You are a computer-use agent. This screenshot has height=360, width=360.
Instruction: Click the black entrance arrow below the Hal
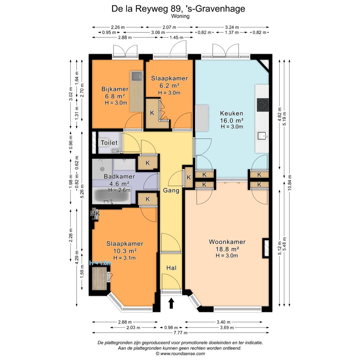click(171, 303)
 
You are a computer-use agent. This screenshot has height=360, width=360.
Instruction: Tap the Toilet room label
click(109, 143)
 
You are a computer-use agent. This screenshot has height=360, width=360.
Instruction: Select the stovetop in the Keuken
click(263, 105)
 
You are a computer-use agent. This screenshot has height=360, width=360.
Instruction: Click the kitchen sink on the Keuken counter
click(262, 136)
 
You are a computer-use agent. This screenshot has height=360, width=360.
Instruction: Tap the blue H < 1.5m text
click(100, 263)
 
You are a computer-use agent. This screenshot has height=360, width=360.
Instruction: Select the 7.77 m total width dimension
click(180, 333)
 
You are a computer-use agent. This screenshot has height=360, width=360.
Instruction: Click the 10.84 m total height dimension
click(290, 183)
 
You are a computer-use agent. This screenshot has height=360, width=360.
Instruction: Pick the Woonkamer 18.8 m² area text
click(227, 249)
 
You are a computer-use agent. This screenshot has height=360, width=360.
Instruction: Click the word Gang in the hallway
click(171, 191)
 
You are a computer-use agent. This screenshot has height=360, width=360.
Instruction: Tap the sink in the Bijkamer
click(136, 76)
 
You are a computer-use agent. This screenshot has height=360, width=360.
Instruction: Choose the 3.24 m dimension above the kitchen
click(232, 27)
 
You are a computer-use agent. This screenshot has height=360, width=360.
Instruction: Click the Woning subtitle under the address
click(180, 16)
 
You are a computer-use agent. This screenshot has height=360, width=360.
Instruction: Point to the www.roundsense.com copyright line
click(180, 353)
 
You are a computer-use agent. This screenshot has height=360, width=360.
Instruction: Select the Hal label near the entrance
click(171, 268)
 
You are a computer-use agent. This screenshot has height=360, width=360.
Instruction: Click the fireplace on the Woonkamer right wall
click(266, 248)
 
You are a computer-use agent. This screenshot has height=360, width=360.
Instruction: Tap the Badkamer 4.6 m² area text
click(119, 183)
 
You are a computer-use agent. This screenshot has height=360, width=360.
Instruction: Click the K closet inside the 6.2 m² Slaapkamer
click(152, 113)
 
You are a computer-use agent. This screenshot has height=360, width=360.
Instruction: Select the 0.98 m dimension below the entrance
click(171, 328)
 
